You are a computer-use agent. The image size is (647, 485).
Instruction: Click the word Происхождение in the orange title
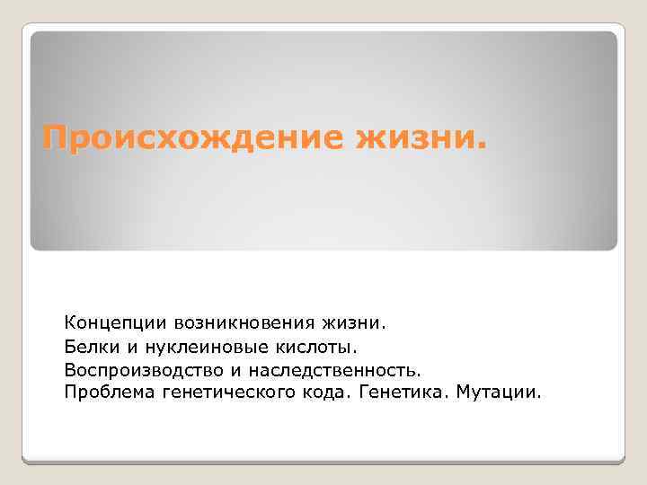click(192, 137)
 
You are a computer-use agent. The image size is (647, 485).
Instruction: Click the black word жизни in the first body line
click(350, 321)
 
